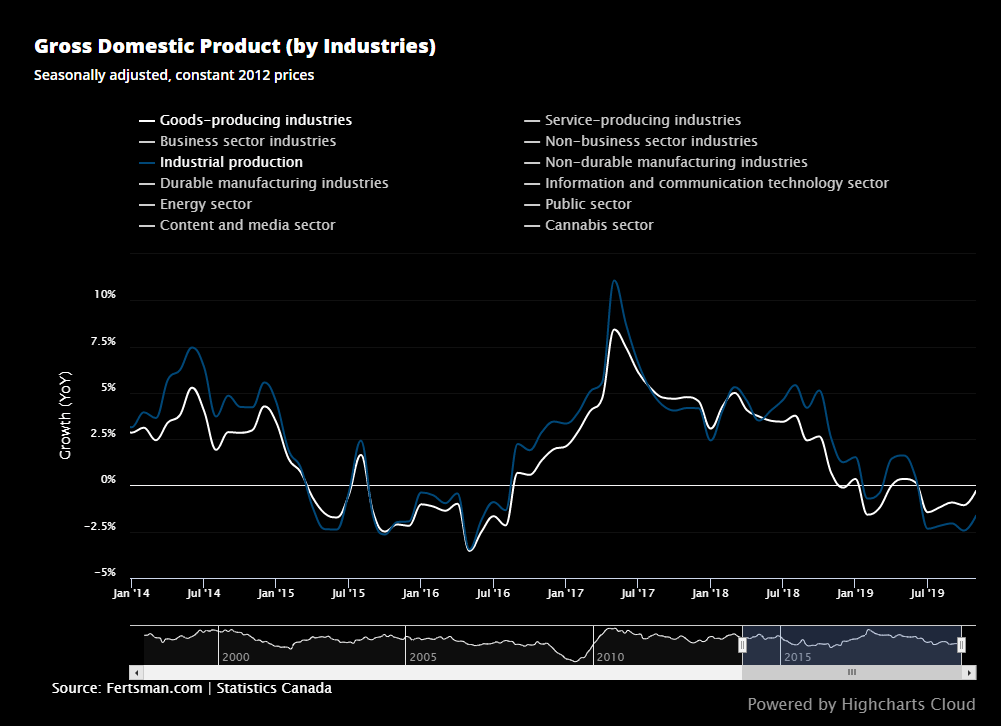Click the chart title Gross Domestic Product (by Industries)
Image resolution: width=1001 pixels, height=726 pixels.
click(234, 47)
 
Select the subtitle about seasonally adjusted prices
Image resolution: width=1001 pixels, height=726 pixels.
click(173, 75)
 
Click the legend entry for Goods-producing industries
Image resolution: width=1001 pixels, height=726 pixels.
click(255, 120)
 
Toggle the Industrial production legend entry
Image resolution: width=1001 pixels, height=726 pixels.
click(231, 162)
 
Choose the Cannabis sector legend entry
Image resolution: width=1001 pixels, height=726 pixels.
click(598, 225)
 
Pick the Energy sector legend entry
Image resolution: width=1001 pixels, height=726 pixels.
click(205, 204)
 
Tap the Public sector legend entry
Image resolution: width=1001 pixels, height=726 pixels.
click(588, 204)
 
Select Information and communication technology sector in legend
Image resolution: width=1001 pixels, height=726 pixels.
click(716, 183)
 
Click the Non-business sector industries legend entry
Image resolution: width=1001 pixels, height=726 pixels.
click(651, 141)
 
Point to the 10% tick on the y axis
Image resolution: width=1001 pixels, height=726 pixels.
click(105, 295)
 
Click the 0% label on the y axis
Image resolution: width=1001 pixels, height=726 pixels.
click(108, 480)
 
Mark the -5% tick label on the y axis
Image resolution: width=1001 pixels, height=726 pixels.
click(106, 573)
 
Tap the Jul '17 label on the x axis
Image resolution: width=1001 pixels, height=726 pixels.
click(637, 593)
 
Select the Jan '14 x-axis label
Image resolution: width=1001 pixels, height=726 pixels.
click(131, 593)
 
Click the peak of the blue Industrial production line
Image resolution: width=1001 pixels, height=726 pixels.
click(614, 281)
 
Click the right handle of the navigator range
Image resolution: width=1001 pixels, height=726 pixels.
click(961, 645)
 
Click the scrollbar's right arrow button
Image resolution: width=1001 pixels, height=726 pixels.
click(969, 673)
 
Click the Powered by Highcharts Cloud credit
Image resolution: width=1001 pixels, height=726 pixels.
click(860, 705)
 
